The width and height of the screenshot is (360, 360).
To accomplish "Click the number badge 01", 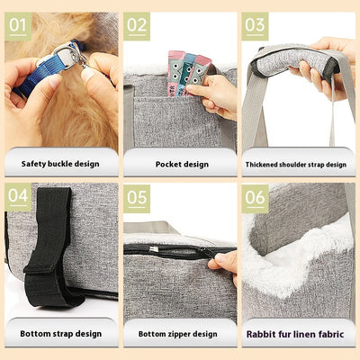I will (x=17, y=24).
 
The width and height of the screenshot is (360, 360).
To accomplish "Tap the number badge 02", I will (x=137, y=24).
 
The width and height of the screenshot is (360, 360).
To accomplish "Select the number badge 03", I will (x=256, y=24).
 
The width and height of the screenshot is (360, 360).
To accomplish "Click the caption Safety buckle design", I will (x=60, y=165).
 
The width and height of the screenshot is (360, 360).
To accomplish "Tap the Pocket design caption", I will (x=180, y=165).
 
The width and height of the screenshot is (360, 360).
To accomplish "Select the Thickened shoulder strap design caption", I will (x=296, y=165).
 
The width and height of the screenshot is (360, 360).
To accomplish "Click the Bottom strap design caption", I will (x=60, y=333).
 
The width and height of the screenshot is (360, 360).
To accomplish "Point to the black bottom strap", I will (x=49, y=243).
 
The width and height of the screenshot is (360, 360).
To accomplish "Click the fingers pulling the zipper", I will (x=225, y=262).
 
